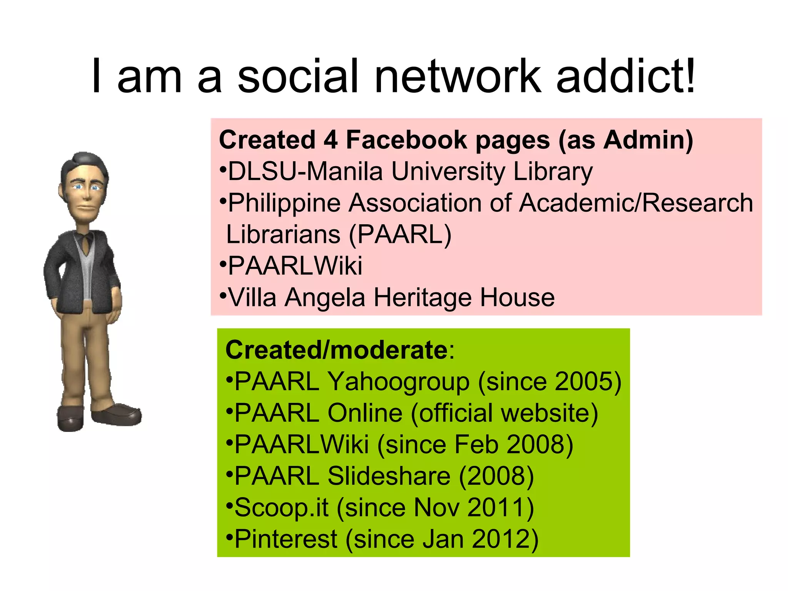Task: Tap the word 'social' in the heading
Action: [298, 76]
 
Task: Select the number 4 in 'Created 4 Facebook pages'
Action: [331, 140]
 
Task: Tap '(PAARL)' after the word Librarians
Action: [400, 235]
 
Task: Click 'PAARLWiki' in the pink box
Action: [295, 266]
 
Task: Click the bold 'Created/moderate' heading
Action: [336, 351]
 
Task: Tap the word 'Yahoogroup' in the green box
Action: [399, 382]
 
